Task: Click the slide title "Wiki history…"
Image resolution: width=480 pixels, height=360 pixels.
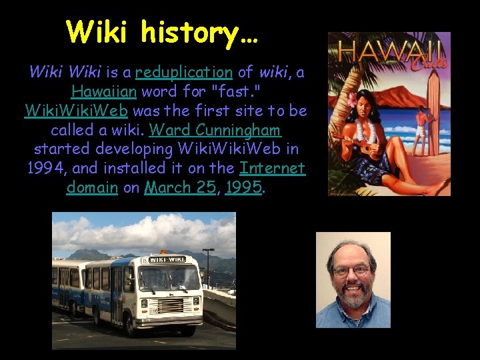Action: click(x=162, y=31)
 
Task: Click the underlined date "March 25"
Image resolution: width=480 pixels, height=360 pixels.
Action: click(x=181, y=187)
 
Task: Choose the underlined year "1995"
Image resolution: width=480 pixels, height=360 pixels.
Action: click(x=243, y=187)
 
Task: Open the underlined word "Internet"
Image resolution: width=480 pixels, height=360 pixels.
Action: click(x=272, y=167)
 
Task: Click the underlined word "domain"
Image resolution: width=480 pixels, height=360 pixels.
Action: click(x=92, y=187)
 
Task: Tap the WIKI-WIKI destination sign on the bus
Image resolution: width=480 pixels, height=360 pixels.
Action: click(x=166, y=259)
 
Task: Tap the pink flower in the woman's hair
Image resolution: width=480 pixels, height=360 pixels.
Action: click(x=353, y=99)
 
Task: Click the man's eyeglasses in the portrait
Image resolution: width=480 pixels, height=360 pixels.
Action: click(x=351, y=271)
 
